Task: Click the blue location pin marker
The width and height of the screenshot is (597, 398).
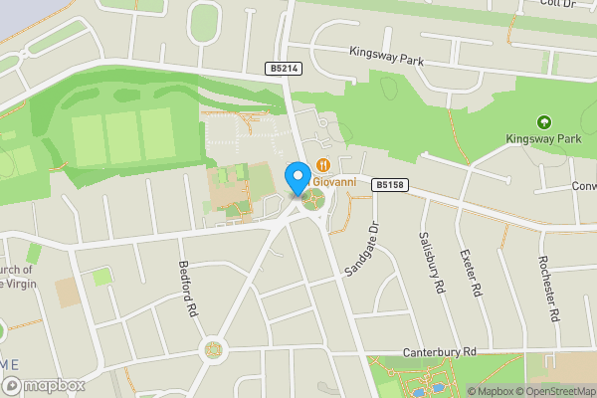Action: pyautogui.click(x=297, y=177)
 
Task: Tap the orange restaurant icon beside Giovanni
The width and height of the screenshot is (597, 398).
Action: pyautogui.click(x=322, y=164)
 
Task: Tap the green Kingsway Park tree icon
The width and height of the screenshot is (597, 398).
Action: pyautogui.click(x=543, y=122)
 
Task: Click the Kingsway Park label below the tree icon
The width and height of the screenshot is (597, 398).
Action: pyautogui.click(x=543, y=138)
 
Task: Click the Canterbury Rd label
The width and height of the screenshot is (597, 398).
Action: pyautogui.click(x=441, y=351)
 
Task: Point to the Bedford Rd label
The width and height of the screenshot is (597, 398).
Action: pyautogui.click(x=185, y=289)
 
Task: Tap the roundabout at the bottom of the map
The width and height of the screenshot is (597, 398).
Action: pyautogui.click(x=213, y=349)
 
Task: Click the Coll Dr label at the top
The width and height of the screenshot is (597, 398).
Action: pyautogui.click(x=551, y=4)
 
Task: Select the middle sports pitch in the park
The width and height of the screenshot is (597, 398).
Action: pyautogui.click(x=122, y=138)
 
